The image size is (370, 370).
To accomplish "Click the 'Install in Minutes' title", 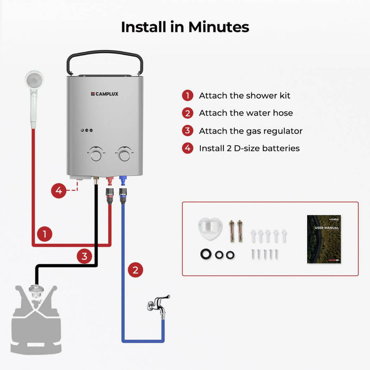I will [185, 27].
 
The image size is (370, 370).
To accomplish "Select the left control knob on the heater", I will [96, 154].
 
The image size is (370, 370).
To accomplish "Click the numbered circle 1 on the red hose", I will [44, 234].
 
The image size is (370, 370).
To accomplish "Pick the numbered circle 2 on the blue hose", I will [135, 270].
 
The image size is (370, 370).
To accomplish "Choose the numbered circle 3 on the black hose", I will [84, 256].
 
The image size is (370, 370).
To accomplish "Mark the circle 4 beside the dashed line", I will [58, 190].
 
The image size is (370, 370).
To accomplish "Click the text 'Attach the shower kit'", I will [245, 96].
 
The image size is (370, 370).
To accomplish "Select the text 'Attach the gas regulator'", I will [251, 131].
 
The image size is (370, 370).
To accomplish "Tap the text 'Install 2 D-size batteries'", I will [249, 148].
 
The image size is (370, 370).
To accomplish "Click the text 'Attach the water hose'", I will [246, 113].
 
